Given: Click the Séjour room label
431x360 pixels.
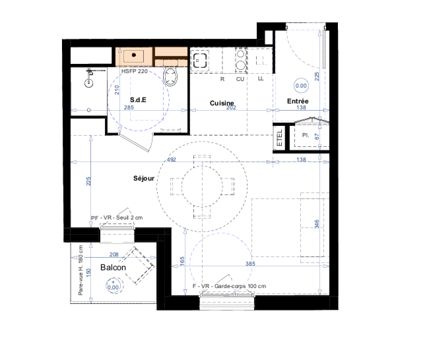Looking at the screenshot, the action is [x=144, y=179].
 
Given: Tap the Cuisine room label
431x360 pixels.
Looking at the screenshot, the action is [x=222, y=103].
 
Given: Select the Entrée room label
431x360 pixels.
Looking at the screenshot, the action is [x=298, y=101].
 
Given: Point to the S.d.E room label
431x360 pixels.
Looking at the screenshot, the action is [x=138, y=100].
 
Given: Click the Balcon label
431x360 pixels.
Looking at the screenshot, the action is [x=113, y=267].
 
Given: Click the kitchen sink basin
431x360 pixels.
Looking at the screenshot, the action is [x=200, y=61].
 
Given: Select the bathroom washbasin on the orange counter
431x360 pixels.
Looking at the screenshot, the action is [x=133, y=56].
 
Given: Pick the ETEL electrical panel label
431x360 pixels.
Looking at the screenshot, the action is [x=279, y=138].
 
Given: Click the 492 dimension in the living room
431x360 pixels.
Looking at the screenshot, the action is [x=171, y=160].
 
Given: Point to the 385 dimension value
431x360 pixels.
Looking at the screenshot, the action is [x=250, y=264].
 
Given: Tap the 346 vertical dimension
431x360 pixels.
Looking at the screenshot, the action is [x=317, y=224].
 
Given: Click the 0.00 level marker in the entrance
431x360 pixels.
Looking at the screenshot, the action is [x=301, y=86].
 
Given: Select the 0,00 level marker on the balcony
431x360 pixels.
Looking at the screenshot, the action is [x=113, y=286].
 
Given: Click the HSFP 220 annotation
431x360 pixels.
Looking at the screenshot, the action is [x=135, y=71].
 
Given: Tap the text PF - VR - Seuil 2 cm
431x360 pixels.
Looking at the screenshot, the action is [x=117, y=218].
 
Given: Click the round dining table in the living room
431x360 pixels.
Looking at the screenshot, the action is [x=202, y=187].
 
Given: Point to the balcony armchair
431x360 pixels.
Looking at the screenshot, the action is [x=137, y=265].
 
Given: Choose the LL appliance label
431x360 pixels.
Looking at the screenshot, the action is [x=261, y=78].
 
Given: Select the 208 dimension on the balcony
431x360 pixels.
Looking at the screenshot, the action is [x=114, y=255].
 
